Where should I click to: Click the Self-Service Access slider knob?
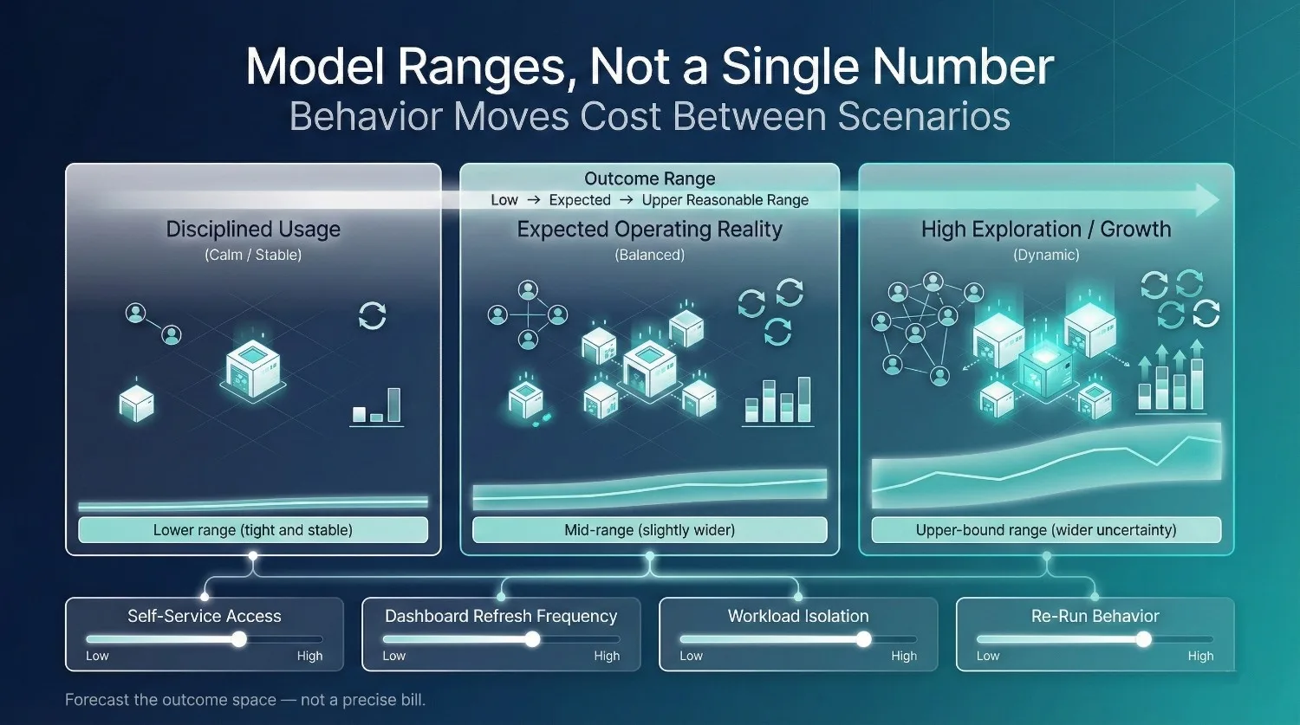[238, 639]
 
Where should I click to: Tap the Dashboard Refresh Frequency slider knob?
[532, 639]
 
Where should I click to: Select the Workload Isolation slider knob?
[863, 639]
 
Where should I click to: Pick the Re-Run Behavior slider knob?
[1144, 639]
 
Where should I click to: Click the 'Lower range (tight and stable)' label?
[252, 530]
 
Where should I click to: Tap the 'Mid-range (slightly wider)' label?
[649, 530]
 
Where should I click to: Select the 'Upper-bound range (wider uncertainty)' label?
[1046, 530]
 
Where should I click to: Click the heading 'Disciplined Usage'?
[253, 230]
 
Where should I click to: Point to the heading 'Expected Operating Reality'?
[649, 230]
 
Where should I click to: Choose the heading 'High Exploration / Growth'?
[1046, 230]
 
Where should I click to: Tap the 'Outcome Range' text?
[649, 178]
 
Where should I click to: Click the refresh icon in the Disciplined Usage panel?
[373, 315]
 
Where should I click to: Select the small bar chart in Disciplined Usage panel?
[377, 406]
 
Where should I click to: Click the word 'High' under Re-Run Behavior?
[1200, 656]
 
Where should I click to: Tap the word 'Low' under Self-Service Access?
[97, 656]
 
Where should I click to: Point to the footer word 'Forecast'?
[98, 700]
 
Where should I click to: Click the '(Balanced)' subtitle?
[649, 255]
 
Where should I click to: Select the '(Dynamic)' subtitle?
[1046, 255]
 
